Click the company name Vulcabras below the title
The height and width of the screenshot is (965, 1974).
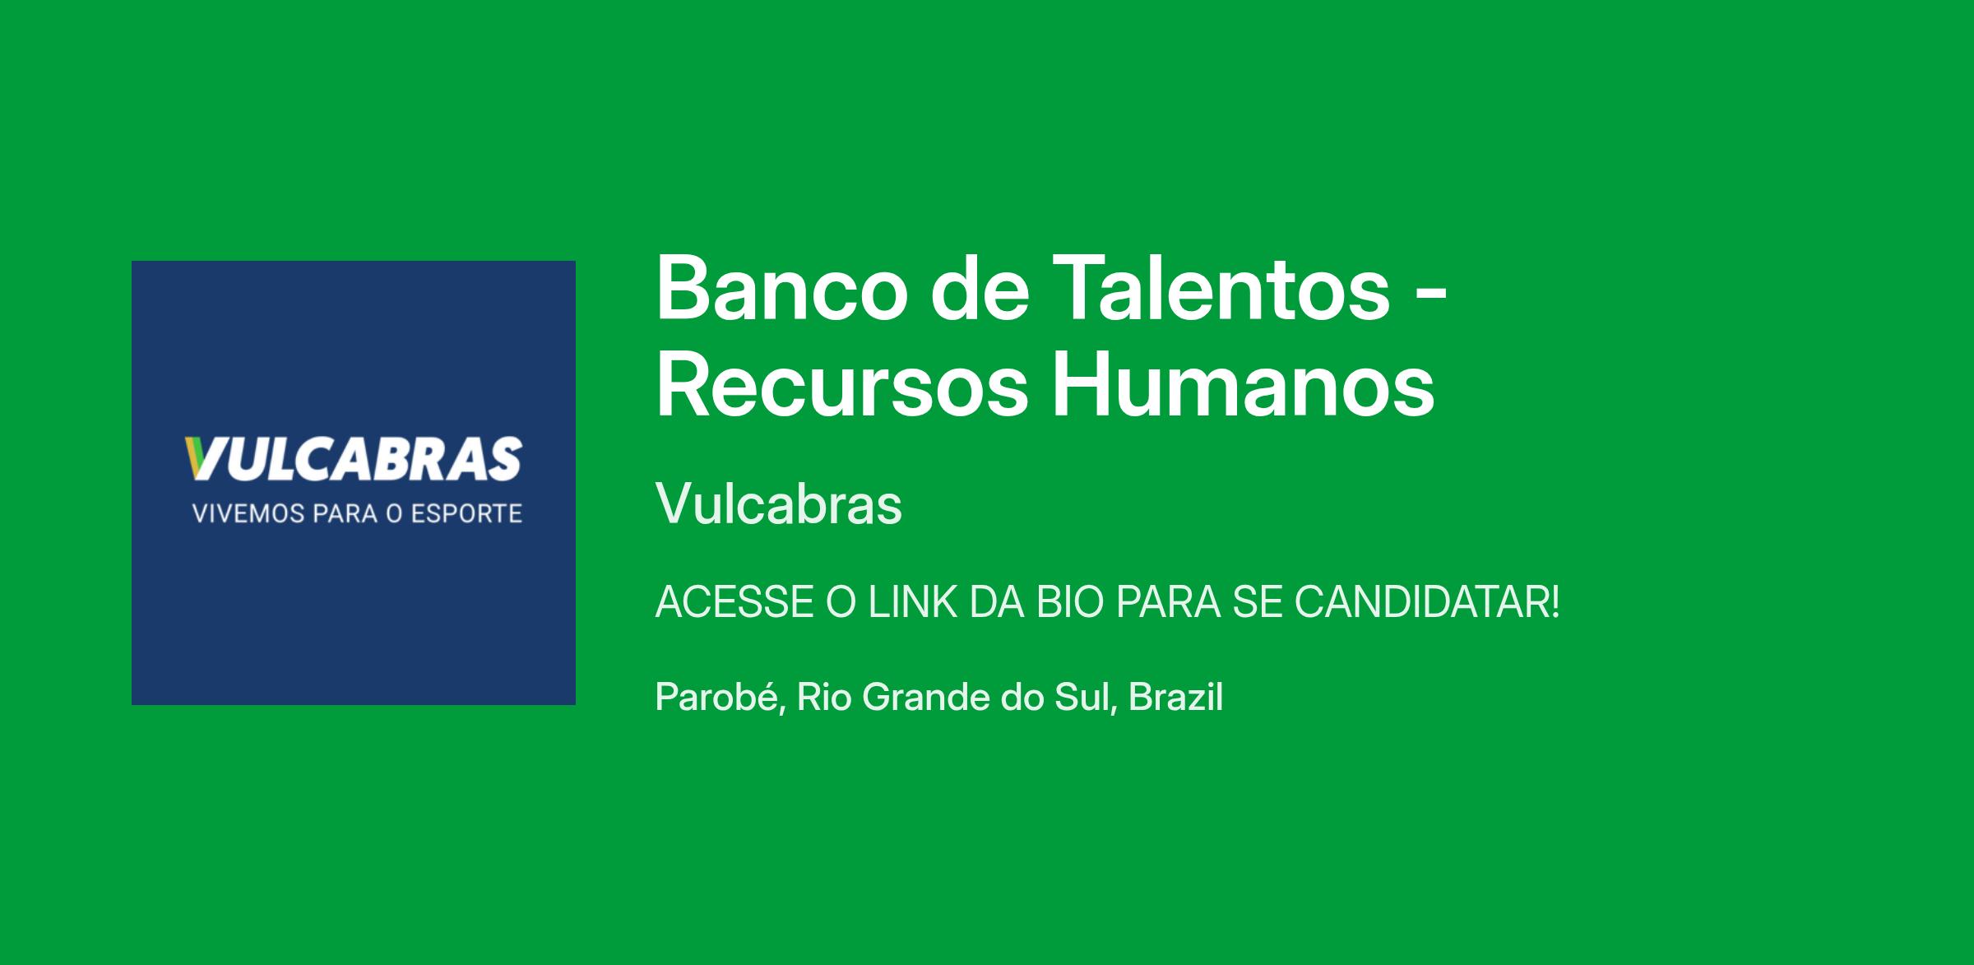click(x=779, y=503)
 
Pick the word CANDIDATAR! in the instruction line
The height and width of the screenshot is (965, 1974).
click(x=1427, y=602)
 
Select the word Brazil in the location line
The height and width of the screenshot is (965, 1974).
click(x=1176, y=698)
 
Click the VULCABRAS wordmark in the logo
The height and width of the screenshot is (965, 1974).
click(x=354, y=459)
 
